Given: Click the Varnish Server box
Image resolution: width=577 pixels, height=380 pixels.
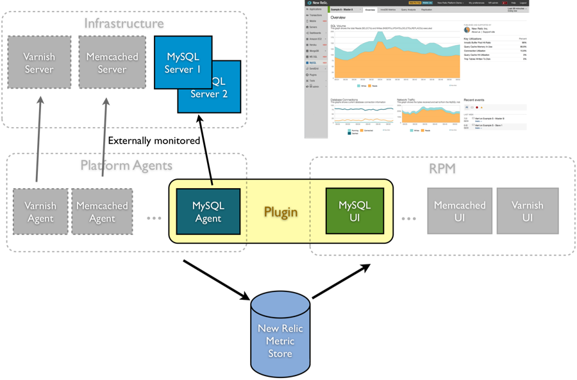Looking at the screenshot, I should pyautogui.click(x=39, y=62).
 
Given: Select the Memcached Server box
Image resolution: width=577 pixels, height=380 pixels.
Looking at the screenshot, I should pyautogui.click(x=112, y=62).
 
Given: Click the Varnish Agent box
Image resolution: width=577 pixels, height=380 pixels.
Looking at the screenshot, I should pyautogui.click(x=40, y=211).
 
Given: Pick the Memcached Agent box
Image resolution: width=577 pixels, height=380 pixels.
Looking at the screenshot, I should pyautogui.click(x=102, y=211).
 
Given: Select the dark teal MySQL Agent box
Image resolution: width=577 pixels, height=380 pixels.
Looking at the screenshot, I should pyautogui.click(x=208, y=211).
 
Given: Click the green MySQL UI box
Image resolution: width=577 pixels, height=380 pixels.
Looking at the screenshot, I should pyautogui.click(x=355, y=211).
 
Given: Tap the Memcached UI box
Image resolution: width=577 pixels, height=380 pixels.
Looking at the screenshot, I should pyautogui.click(x=459, y=211).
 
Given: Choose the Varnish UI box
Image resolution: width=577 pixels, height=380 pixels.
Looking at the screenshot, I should pyautogui.click(x=527, y=211).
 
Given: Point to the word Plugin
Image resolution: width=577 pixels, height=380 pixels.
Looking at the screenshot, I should pyautogui.click(x=281, y=212).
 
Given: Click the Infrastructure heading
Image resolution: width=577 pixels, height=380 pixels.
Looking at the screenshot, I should pyautogui.click(x=124, y=24).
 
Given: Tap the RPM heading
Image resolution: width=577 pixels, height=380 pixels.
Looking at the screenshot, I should pyautogui.click(x=444, y=169).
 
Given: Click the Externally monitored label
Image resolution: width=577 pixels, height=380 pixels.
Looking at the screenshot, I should pyautogui.click(x=154, y=141).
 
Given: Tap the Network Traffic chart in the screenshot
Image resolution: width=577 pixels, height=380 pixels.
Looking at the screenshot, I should pyautogui.click(x=426, y=114).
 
